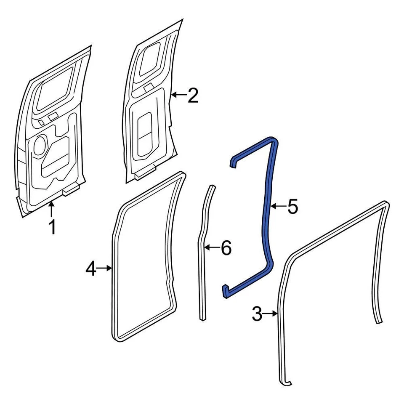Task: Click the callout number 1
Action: tap(52, 228)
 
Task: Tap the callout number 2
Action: tap(192, 96)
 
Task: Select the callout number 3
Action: tap(257, 314)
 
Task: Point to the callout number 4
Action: tap(91, 268)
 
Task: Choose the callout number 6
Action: tap(226, 249)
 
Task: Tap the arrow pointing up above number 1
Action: tap(51, 209)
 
